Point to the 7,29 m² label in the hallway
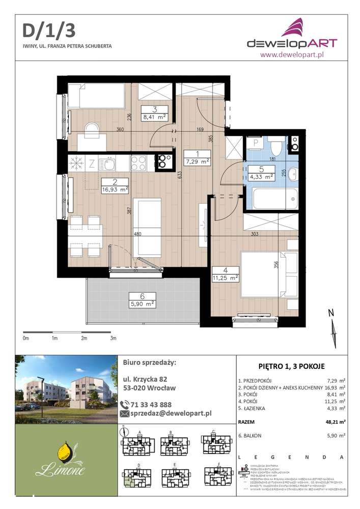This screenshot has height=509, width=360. click(x=197, y=162)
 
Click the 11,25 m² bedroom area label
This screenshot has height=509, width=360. click(x=226, y=278)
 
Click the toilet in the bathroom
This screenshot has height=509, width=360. click(x=275, y=147)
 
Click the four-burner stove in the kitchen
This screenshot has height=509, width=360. click(x=139, y=163)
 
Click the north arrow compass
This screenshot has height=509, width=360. click(x=333, y=329)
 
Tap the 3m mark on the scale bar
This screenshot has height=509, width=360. click(x=113, y=338)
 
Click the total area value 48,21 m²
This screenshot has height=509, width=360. click(x=335, y=422)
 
